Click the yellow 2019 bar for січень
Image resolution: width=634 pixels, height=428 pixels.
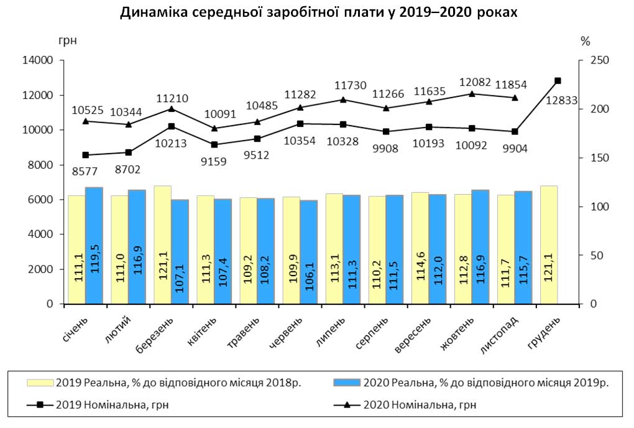point(76,249)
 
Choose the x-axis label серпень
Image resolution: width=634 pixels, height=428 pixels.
point(373,332)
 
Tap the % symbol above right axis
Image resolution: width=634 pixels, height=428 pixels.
point(585,42)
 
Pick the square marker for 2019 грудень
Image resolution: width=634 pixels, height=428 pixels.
point(558,81)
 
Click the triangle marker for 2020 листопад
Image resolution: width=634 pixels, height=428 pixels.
point(515,98)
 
